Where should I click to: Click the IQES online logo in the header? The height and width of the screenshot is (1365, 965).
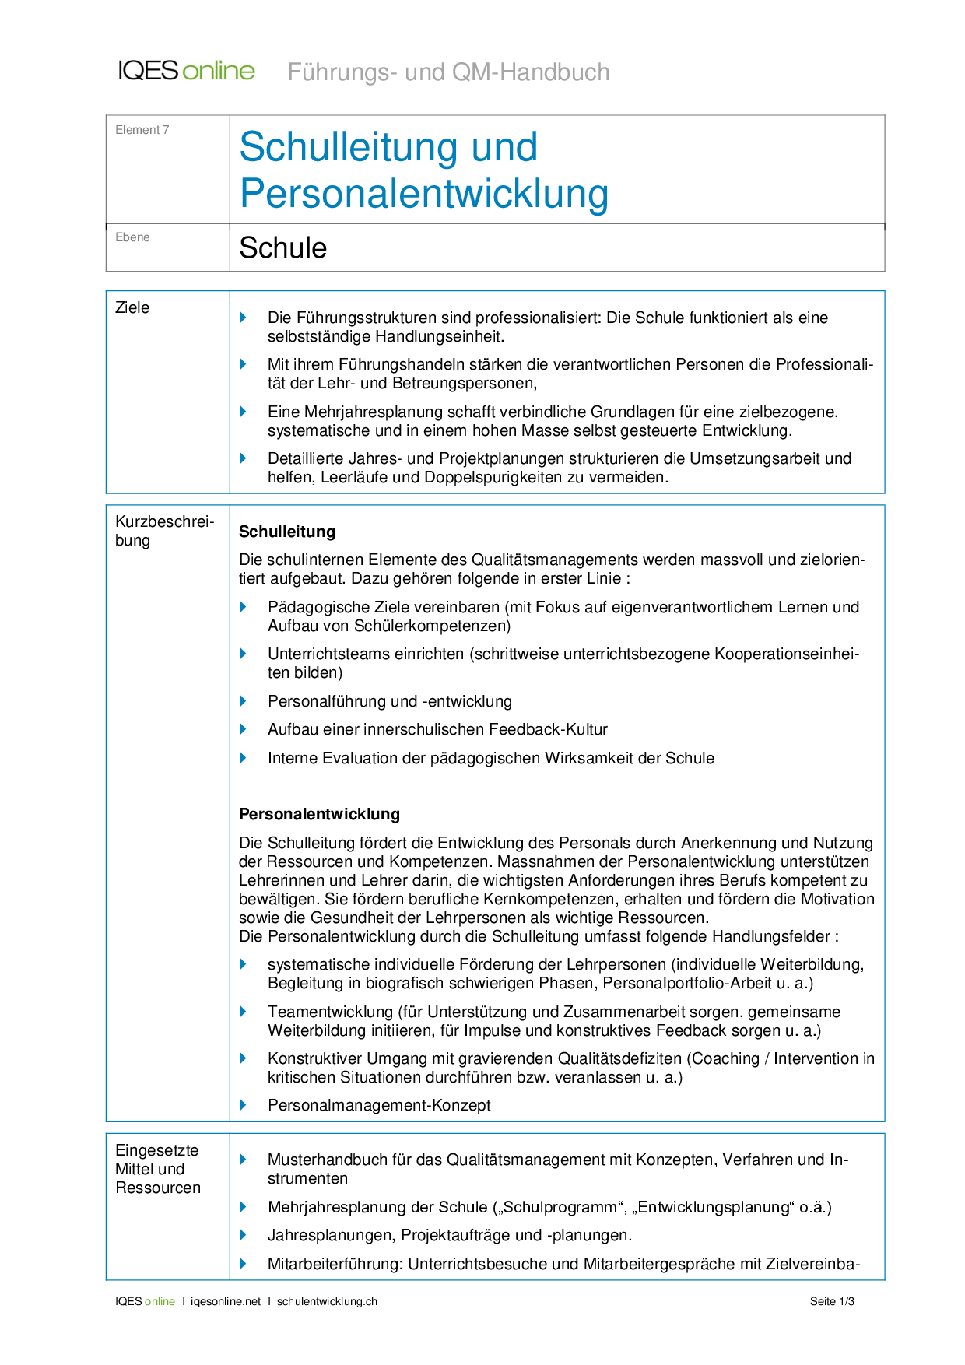click(x=186, y=71)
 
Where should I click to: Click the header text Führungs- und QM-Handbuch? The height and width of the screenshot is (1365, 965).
click(x=448, y=72)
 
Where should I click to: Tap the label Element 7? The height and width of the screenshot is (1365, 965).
click(x=142, y=130)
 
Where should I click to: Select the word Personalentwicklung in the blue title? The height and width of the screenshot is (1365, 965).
click(x=423, y=193)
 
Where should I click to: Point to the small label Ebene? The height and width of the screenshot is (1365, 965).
click(x=132, y=237)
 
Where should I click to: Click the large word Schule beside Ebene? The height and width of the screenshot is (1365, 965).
click(x=282, y=248)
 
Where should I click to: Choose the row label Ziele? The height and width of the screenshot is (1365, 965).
click(x=132, y=307)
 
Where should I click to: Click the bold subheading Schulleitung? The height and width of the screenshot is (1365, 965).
click(x=286, y=532)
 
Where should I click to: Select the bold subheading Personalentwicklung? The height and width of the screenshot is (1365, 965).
click(x=319, y=814)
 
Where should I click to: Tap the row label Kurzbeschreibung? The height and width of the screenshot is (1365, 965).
click(x=163, y=531)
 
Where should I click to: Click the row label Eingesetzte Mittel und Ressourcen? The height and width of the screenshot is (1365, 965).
click(x=157, y=1169)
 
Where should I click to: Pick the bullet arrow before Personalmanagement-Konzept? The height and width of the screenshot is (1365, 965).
click(x=244, y=1105)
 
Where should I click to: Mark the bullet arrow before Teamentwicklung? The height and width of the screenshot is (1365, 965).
click(x=244, y=1012)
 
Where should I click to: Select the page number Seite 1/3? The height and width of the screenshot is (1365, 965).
click(x=832, y=1301)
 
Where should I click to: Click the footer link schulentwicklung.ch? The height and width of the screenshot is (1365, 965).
click(x=327, y=1301)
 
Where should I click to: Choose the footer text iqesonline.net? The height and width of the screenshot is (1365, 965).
click(x=226, y=1301)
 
